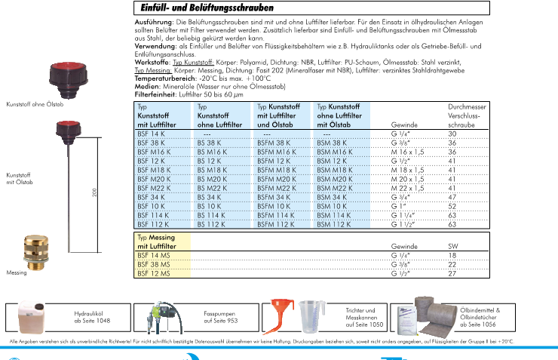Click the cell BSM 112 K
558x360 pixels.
333,224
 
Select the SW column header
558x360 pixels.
453,247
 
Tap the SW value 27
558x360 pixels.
453,274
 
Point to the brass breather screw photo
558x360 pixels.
32,250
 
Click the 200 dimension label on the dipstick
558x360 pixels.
94,193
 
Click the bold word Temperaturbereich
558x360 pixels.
164,78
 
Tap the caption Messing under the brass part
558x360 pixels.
16,273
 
